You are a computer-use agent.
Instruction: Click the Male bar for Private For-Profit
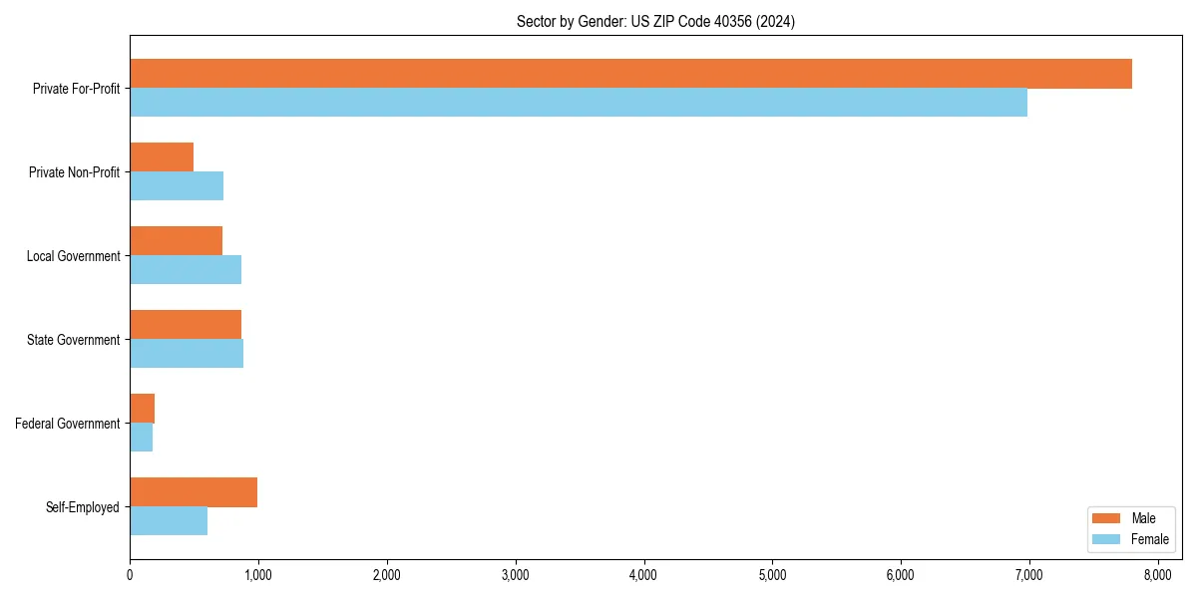tap(630, 74)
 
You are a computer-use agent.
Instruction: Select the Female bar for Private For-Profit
tap(579, 103)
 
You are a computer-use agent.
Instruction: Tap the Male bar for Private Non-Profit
tap(162, 157)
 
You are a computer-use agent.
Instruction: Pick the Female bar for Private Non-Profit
tap(177, 186)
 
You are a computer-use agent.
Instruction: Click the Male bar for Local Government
tap(176, 241)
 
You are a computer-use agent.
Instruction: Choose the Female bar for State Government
tap(187, 354)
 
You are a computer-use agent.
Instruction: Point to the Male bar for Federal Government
tap(143, 409)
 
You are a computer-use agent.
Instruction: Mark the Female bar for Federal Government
tap(142, 438)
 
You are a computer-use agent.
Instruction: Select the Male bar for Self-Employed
tap(194, 492)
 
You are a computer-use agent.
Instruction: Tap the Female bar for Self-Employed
tap(169, 521)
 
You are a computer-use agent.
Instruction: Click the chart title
tap(655, 21)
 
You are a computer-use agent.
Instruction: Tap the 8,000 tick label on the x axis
tap(1157, 574)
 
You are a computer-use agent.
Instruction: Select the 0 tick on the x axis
tap(130, 574)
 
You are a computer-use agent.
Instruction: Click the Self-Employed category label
tap(83, 507)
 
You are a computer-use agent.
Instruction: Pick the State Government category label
tap(74, 340)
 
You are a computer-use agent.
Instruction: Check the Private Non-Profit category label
tap(75, 172)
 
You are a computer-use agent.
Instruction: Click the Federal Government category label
tap(68, 424)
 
